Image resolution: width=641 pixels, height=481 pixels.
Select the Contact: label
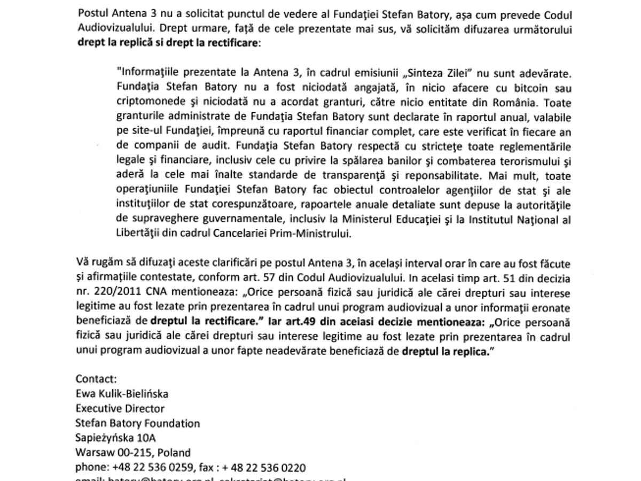(96, 379)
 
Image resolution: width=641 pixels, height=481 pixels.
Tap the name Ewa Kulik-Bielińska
(122, 394)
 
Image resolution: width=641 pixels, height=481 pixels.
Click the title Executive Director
(120, 409)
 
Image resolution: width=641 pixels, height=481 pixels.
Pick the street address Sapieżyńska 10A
(115, 438)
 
